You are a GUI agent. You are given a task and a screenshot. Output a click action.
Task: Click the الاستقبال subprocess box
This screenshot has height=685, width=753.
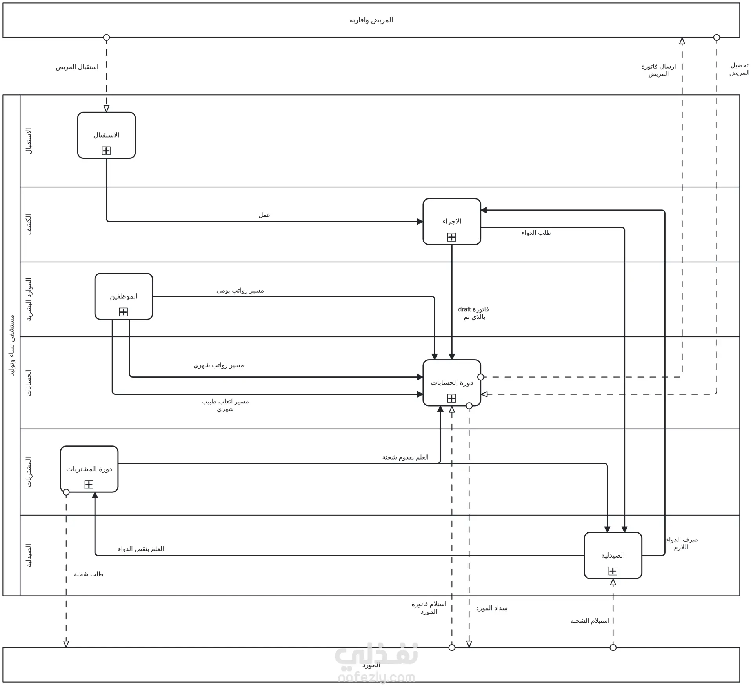coord(106,135)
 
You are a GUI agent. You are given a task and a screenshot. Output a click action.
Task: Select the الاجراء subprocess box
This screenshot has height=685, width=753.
coord(452,222)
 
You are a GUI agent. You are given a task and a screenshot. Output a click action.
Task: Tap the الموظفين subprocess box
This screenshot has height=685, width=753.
coord(124,296)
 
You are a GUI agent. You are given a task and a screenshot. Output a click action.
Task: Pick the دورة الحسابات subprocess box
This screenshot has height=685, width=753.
coord(452,383)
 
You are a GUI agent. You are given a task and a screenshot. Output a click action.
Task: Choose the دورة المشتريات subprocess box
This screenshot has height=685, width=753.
coord(89,469)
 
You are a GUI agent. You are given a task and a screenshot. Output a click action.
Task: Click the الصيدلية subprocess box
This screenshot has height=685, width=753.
coord(613,555)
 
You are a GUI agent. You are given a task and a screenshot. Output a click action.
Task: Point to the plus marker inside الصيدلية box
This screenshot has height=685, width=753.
coord(613,571)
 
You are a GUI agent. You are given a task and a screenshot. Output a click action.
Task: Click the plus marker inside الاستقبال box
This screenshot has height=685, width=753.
coord(106,151)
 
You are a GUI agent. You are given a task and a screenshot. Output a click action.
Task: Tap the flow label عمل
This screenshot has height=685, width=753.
coord(264,215)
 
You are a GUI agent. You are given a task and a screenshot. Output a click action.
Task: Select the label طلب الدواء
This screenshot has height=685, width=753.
coord(536,233)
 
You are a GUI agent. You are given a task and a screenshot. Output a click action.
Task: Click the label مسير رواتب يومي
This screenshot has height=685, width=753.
coord(240,291)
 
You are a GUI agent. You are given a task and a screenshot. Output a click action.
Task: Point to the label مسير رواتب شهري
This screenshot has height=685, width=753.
coord(218,365)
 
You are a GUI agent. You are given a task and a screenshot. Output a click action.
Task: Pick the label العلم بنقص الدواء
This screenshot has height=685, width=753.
coord(141,549)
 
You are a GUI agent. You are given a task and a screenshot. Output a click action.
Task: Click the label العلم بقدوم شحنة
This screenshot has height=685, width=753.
coord(406,457)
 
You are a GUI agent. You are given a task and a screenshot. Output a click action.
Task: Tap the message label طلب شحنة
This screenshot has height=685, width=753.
coord(89,574)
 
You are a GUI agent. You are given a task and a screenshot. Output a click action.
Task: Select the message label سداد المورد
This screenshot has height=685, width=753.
coord(492,608)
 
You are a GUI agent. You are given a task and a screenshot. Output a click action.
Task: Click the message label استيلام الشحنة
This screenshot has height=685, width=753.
coord(590,621)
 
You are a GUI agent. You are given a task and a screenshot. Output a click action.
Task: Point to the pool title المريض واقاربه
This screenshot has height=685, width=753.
coord(371,20)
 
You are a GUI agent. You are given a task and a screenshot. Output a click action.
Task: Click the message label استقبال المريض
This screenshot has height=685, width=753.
coord(77,67)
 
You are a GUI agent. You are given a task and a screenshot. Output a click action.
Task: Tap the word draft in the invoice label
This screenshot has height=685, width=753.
coord(464,309)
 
